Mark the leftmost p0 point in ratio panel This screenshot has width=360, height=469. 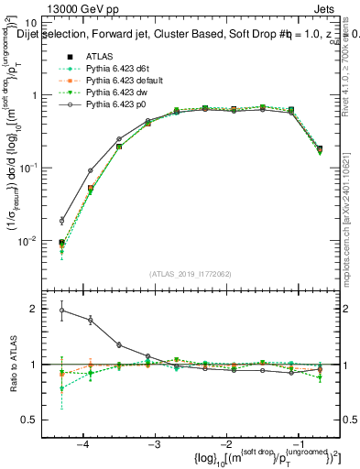62,311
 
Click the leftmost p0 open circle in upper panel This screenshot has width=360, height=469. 62,221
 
